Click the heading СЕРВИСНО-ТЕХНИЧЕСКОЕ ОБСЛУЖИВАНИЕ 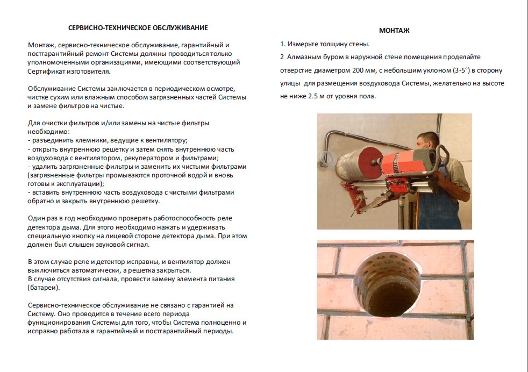139,27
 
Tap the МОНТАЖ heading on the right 394,30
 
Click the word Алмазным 304,57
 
